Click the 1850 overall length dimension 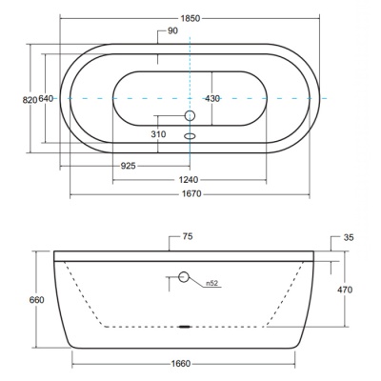tap(190, 18)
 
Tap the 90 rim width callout tap(173, 30)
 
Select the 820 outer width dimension tap(30, 100)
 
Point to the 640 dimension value tap(46, 99)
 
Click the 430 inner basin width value tap(212, 99)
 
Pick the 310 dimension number tap(158, 134)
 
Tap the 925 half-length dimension tap(129, 166)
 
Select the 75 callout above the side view tap(188, 236)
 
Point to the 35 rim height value tap(349, 237)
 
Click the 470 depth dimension tap(345, 290)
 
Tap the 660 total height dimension tap(36, 300)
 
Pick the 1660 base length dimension tap(181, 364)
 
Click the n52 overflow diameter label tap(212, 283)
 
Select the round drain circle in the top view tap(190, 115)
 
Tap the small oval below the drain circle tap(190, 136)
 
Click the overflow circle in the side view tap(184, 277)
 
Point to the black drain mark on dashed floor tap(185, 327)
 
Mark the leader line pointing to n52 tap(203, 284)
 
